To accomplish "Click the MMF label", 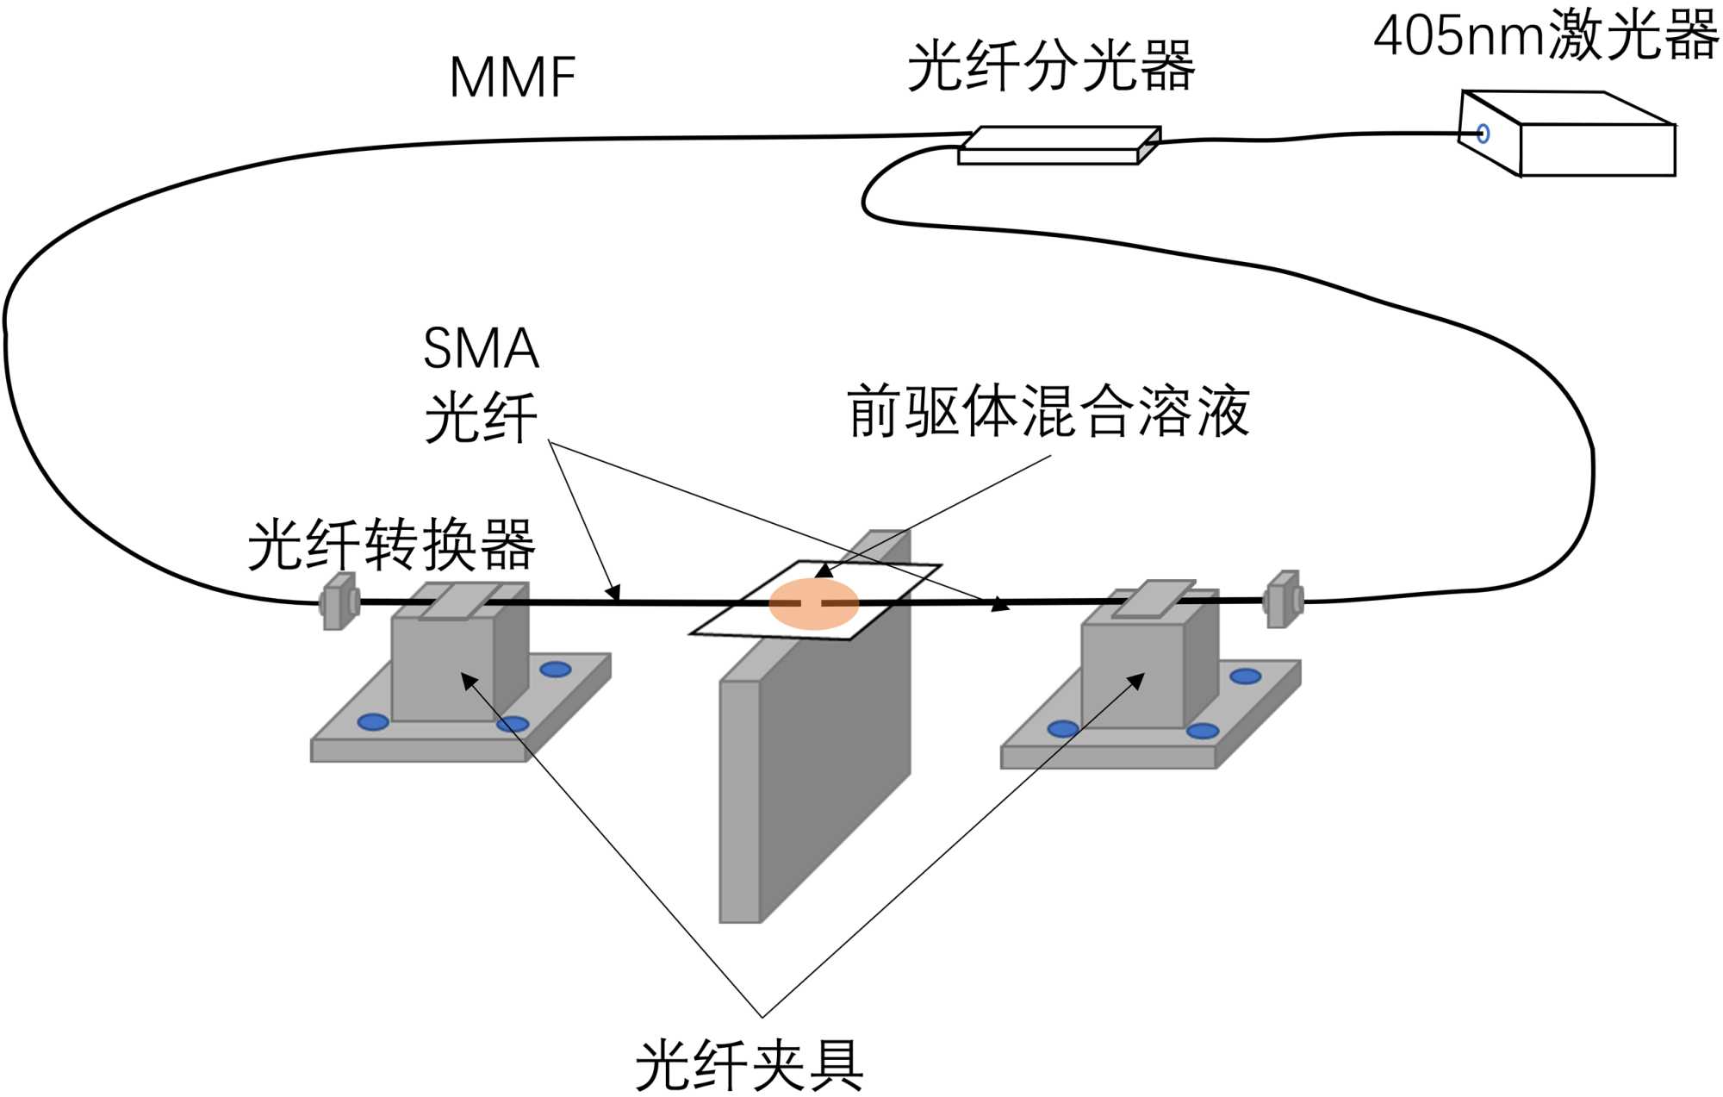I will [512, 78].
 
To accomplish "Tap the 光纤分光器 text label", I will [1050, 66].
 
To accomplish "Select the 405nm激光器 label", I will [1546, 36].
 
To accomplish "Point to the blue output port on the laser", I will [1483, 134].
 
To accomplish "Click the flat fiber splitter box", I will [1060, 146].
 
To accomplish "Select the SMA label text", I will [481, 349].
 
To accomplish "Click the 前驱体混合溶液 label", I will [1048, 412].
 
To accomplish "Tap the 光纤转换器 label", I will [391, 545].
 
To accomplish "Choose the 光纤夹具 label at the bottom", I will [749, 1066].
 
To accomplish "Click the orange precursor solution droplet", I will [813, 604].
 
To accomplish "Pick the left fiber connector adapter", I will [339, 601].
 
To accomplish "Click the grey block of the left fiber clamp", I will [444, 668].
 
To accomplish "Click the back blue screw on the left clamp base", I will [555, 669].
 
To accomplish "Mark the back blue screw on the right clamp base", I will [1245, 676].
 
